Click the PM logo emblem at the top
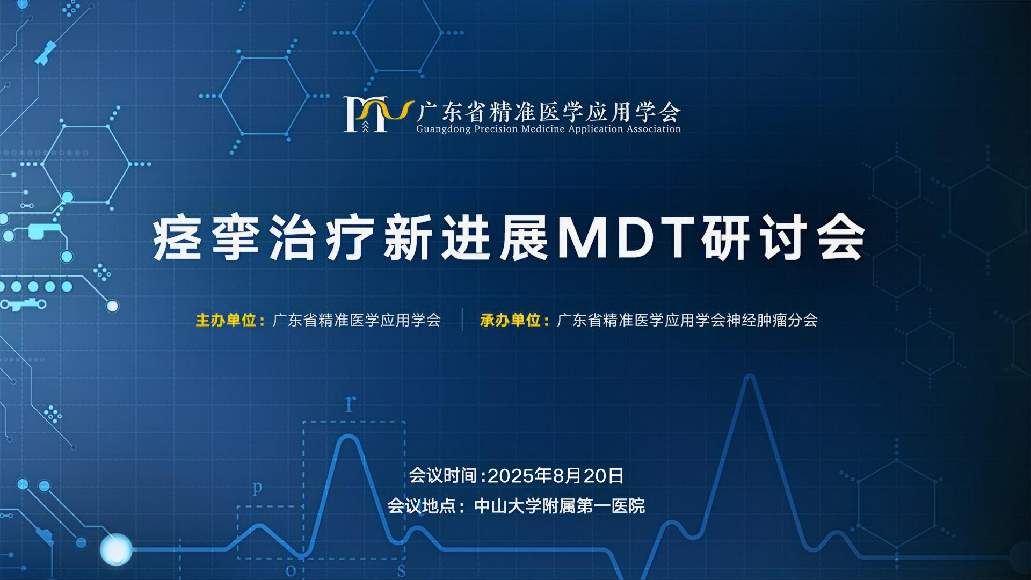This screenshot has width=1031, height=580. [x=379, y=114]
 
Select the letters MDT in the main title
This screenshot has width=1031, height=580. [x=625, y=237]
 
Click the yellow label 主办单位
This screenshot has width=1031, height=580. [x=226, y=321]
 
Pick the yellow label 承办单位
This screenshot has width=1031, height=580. [x=511, y=321]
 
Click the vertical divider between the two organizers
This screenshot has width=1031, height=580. [x=462, y=320]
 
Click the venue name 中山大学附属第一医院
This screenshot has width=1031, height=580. [x=560, y=506]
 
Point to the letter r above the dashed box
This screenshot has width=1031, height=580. [x=350, y=403]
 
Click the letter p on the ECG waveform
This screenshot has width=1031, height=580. [x=258, y=488]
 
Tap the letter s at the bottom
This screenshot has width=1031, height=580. [x=401, y=570]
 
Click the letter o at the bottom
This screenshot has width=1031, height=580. [x=291, y=570]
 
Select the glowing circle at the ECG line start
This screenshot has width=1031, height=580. [x=116, y=549]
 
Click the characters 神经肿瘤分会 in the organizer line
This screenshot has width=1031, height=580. [x=772, y=321]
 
